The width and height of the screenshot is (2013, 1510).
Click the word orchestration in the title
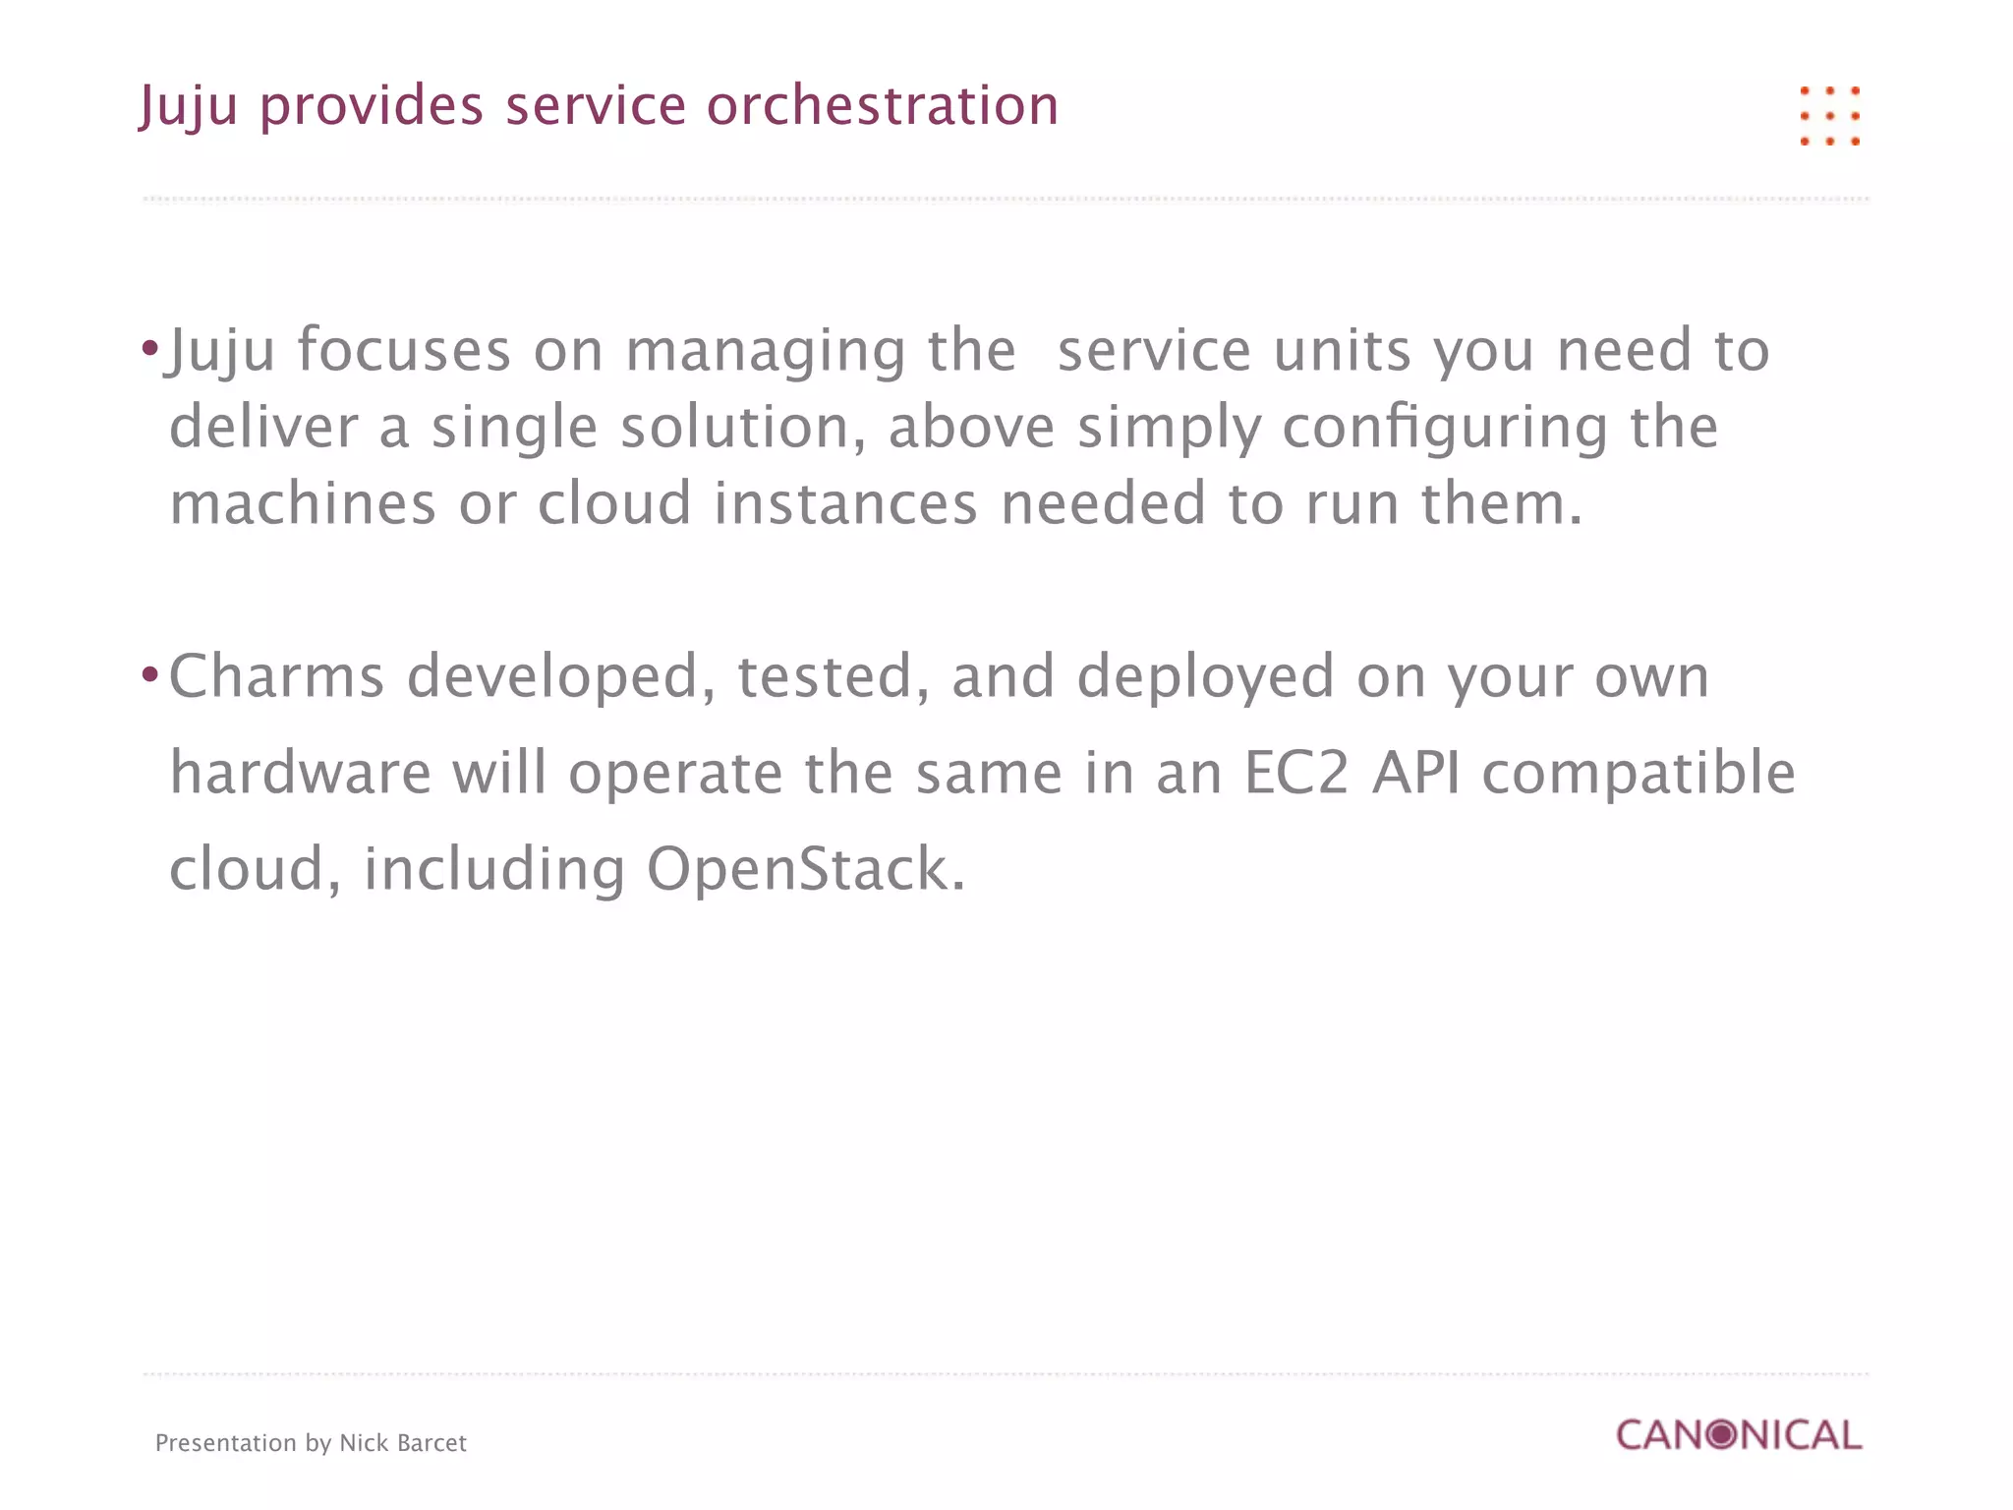pos(883,105)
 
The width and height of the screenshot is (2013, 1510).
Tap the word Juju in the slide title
pos(188,107)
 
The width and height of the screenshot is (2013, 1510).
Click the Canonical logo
pos(1739,1435)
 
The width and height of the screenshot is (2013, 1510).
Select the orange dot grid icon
pos(1829,116)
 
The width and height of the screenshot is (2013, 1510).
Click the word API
pos(1415,773)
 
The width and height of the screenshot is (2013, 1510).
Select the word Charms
pos(276,676)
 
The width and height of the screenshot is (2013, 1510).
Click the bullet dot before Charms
pos(149,674)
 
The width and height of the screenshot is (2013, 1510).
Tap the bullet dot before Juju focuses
pos(149,348)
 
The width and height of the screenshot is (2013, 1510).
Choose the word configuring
pos(1445,429)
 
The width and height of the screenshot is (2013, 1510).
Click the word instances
pos(845,503)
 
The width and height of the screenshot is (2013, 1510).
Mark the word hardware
pos(300,773)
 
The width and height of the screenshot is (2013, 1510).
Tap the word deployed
pos(1205,678)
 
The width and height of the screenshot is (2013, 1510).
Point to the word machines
pos(303,503)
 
